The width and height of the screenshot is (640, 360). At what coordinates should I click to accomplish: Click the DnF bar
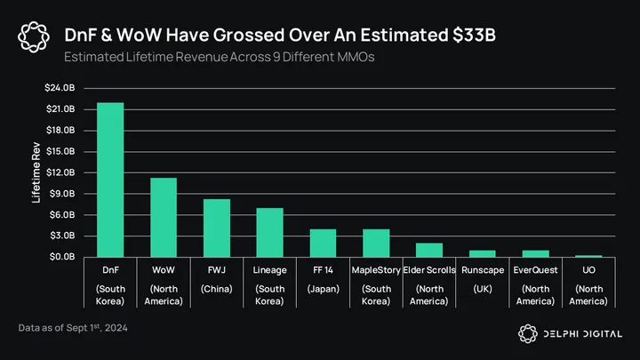coord(110,180)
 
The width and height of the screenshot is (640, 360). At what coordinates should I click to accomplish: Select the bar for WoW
coord(164,218)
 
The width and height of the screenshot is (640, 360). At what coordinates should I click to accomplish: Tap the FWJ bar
coord(217,228)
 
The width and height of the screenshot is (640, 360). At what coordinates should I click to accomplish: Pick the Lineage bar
coord(269,233)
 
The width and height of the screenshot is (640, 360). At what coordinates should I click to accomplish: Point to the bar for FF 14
coord(323,244)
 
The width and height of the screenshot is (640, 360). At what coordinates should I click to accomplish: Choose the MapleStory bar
coord(376,244)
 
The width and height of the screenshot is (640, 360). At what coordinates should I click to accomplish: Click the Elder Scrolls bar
coord(429,250)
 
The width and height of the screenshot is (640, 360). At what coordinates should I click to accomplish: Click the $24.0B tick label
coord(60,87)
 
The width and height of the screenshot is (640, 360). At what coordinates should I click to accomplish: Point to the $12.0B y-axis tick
coord(60,172)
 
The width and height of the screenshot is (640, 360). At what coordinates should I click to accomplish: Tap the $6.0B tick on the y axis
coord(60,215)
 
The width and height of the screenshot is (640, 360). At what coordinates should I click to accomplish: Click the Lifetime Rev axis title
coord(36,172)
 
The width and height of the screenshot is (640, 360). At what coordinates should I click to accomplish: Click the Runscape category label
coord(483,269)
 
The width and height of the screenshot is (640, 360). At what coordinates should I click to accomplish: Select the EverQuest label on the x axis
coord(536,269)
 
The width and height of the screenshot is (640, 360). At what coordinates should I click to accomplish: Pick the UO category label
coord(588,269)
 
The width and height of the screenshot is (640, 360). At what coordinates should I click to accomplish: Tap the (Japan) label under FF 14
coord(323,290)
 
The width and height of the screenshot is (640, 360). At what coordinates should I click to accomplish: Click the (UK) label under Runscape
coord(483,290)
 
